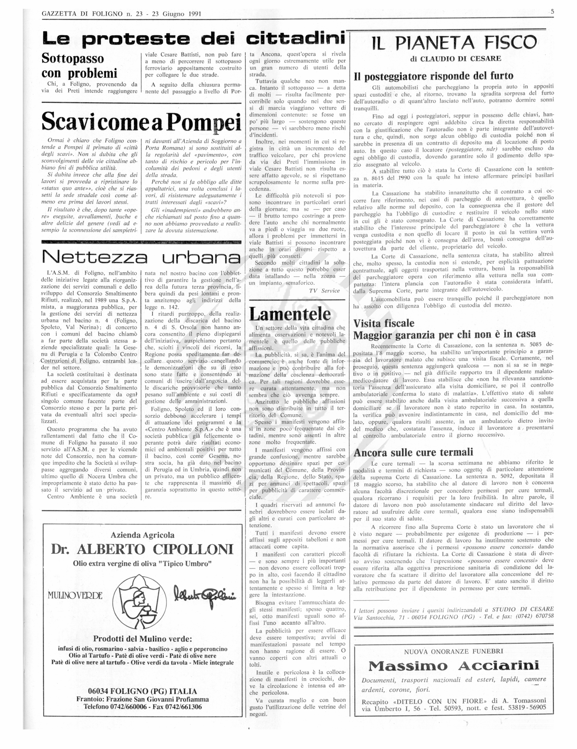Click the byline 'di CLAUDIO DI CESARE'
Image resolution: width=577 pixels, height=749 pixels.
(x=455, y=59)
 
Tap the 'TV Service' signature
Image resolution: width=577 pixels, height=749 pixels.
(x=324, y=291)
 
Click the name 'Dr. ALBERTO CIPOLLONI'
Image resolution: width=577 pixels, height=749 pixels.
(x=142, y=549)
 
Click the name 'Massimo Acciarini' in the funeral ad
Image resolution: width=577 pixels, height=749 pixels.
(x=454, y=666)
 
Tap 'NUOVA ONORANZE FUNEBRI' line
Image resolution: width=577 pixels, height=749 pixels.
(x=453, y=651)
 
